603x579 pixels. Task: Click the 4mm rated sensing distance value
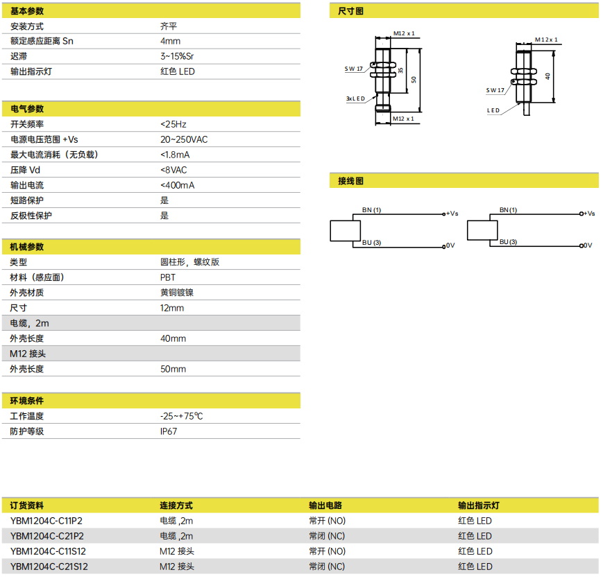[x=171, y=41]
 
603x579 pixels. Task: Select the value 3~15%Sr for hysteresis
[x=177, y=56]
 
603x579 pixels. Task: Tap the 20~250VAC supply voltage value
[x=184, y=139]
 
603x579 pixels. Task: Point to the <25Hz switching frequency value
[x=173, y=124]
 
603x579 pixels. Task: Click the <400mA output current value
[x=178, y=185]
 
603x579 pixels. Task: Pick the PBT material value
[x=168, y=277]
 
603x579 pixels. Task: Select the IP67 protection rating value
[x=169, y=431]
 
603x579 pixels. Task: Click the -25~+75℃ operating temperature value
[x=182, y=416]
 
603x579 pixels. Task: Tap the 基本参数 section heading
[x=27, y=11]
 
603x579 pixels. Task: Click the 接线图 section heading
[x=350, y=181]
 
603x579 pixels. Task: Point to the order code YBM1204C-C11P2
[x=46, y=521]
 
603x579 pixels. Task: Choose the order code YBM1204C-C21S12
[x=49, y=567]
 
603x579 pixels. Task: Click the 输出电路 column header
[x=325, y=505]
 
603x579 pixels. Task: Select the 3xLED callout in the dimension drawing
[x=355, y=98]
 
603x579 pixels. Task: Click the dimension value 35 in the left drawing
[x=400, y=71]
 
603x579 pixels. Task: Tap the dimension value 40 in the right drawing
[x=547, y=76]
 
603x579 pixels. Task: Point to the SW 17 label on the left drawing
[x=353, y=69]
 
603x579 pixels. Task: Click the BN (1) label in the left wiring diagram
[x=371, y=210]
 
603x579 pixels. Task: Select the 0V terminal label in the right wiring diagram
[x=588, y=245]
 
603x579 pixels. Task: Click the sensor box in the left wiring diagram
[x=346, y=231]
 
